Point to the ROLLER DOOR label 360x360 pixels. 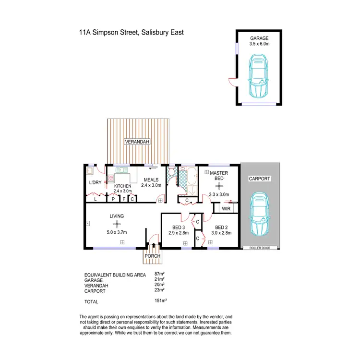point(260,248)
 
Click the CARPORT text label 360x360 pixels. point(260,179)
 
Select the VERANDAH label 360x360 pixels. point(137,142)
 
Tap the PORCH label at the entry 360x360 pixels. point(153,256)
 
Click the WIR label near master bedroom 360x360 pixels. point(226,208)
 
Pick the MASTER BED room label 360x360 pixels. point(218,175)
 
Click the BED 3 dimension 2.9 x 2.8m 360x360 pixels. point(179,233)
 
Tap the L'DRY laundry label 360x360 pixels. point(95,182)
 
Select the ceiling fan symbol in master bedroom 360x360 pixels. point(218,186)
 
